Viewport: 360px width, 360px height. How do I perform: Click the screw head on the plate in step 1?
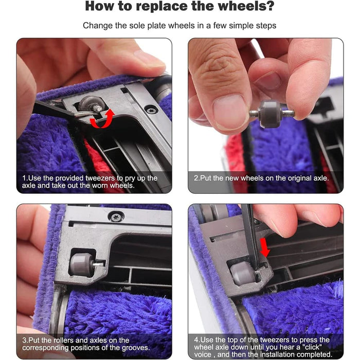151,109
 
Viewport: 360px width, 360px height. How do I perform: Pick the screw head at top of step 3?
116,217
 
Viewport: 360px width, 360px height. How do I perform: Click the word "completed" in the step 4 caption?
314,354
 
